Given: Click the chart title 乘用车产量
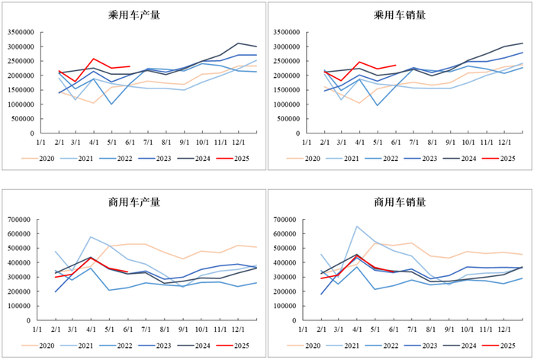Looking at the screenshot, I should [x=134, y=15].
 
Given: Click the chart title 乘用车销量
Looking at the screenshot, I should [x=400, y=15].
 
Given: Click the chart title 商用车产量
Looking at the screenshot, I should [x=134, y=202].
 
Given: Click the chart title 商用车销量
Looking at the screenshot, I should [x=400, y=202].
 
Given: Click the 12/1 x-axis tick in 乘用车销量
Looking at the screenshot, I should [x=504, y=143].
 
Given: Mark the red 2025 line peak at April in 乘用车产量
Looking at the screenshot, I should [x=93, y=59].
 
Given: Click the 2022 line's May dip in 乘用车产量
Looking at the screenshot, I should [x=111, y=104].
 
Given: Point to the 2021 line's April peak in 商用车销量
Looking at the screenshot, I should [x=355, y=226].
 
